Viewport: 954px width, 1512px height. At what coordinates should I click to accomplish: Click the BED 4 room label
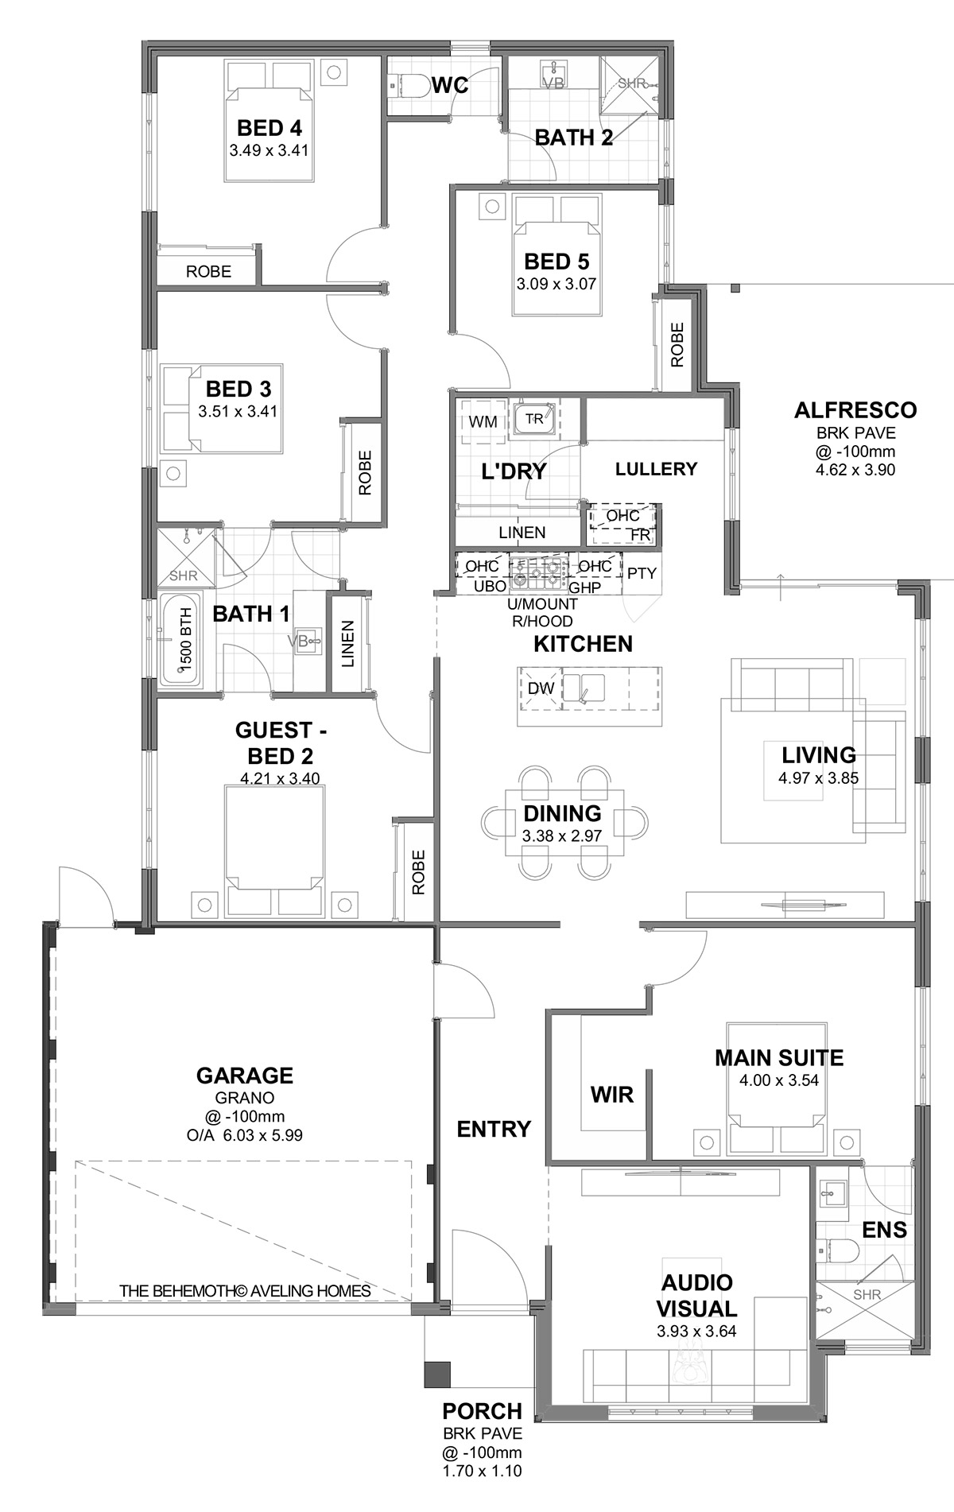tap(269, 128)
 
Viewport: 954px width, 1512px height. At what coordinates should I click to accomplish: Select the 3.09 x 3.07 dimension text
tap(556, 283)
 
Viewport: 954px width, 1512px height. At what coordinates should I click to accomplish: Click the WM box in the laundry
tap(483, 421)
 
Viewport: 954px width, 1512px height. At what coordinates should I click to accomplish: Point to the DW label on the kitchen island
tap(541, 688)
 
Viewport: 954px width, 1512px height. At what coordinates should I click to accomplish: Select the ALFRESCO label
tap(855, 410)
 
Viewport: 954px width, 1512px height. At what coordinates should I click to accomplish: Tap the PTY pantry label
tap(642, 572)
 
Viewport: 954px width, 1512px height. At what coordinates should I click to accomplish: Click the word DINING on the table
tap(562, 813)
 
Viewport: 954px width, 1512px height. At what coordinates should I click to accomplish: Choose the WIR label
tap(612, 1095)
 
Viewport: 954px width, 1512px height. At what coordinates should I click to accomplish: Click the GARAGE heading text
tap(245, 1076)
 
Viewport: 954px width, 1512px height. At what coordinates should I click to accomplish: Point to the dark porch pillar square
tap(437, 1373)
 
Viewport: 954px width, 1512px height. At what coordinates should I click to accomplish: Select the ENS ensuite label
tap(884, 1230)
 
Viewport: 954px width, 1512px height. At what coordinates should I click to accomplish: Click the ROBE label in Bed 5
tap(677, 344)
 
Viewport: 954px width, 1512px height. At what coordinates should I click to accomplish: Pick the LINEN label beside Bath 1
tap(347, 644)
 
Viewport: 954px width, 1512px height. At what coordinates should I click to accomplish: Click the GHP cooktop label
tap(584, 587)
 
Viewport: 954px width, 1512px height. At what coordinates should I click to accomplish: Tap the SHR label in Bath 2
tap(631, 83)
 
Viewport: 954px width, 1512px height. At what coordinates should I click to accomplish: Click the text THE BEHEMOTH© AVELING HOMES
tap(245, 1291)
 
